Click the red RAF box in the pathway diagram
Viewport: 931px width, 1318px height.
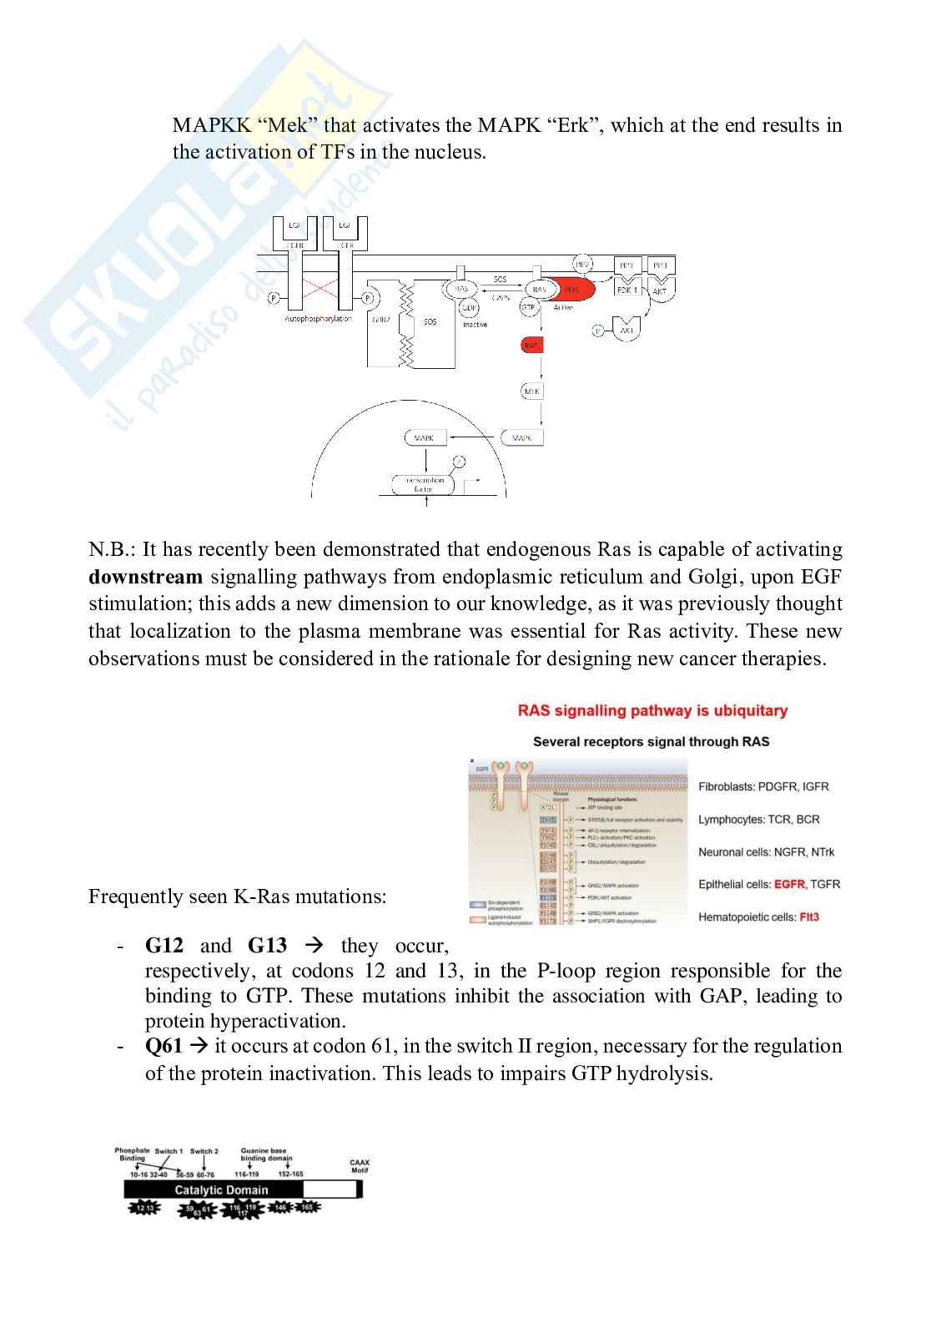point(531,345)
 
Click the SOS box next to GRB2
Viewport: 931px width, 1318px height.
point(430,322)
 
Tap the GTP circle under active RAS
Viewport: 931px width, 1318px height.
point(528,307)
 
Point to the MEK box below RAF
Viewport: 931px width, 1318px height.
point(531,391)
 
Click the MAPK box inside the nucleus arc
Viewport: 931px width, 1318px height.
point(424,437)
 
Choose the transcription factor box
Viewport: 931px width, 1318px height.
point(424,484)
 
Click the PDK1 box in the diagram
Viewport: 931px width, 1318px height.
point(627,290)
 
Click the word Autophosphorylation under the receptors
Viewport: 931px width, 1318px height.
point(319,319)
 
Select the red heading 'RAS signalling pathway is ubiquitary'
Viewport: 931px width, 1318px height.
point(652,711)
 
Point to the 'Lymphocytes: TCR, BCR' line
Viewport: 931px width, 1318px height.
point(758,819)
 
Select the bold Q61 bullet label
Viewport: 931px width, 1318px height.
point(164,1046)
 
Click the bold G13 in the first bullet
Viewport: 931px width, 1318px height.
point(267,946)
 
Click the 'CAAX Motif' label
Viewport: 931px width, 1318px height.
point(360,1166)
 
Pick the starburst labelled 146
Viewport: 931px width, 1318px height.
point(280,1207)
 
